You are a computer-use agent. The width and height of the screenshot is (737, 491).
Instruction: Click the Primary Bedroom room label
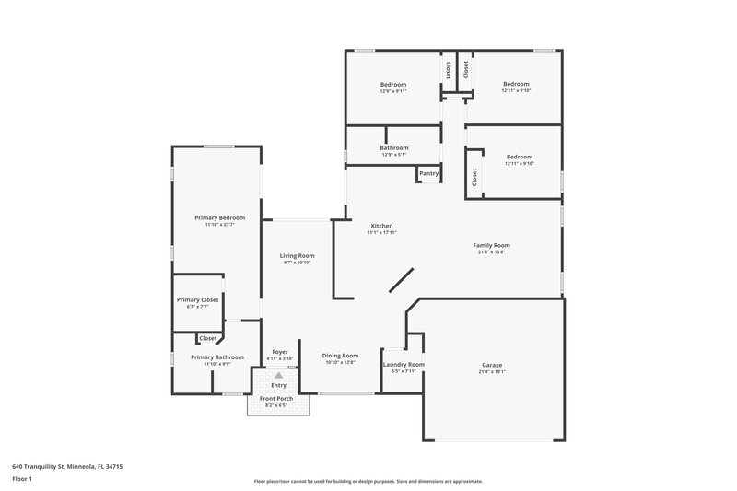click(x=219, y=217)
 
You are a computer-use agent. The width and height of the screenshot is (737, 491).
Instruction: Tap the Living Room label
click(x=298, y=255)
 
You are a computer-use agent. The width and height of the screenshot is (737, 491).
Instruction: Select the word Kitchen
click(x=382, y=226)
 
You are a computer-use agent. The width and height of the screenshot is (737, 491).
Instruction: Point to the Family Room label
click(x=491, y=245)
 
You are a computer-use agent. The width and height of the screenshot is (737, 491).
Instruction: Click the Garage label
click(x=491, y=365)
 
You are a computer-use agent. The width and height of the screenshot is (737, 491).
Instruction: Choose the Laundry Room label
click(x=404, y=365)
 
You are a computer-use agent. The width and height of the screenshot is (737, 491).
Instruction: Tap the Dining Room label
click(x=341, y=356)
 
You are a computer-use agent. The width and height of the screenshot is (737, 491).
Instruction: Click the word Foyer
click(x=280, y=351)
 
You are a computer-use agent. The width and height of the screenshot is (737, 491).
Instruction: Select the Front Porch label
click(x=277, y=398)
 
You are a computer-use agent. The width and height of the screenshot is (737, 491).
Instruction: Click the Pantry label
click(x=428, y=173)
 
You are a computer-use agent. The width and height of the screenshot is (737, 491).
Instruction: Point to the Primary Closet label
click(x=197, y=299)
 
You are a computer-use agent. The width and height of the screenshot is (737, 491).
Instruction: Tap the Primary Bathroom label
click(x=217, y=357)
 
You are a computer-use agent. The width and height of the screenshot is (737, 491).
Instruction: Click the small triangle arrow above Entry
click(x=278, y=375)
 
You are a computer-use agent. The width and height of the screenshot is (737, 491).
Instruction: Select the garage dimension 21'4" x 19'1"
click(x=491, y=372)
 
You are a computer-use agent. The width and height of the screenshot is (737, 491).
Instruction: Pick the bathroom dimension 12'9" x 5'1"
click(x=393, y=155)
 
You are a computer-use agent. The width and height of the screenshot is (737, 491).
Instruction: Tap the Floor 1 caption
click(x=22, y=480)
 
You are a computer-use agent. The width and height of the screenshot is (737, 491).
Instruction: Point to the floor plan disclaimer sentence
click(x=368, y=481)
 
